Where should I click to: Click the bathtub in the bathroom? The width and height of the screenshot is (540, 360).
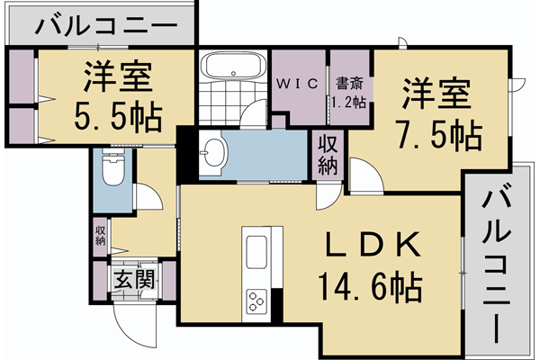click(229, 68)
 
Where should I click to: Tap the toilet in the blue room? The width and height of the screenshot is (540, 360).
click(113, 168)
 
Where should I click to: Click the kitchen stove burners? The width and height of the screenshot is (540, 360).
click(257, 299)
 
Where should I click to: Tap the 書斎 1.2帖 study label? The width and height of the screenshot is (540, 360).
click(349, 93)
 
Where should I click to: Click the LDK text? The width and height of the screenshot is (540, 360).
click(369, 245)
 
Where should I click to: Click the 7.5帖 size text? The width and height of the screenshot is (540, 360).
click(437, 135)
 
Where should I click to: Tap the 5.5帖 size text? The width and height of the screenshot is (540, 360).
click(118, 116)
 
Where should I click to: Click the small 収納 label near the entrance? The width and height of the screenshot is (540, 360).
click(100, 234)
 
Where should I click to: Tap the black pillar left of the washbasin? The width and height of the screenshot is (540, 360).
click(186, 155)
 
